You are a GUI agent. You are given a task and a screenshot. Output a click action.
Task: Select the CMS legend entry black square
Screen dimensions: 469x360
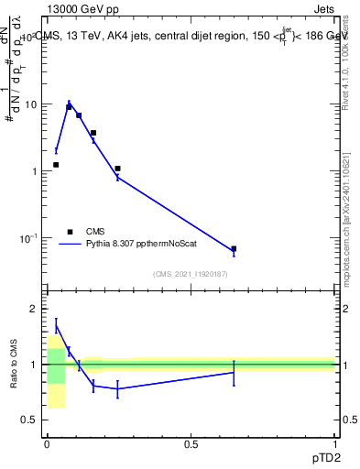[69, 233]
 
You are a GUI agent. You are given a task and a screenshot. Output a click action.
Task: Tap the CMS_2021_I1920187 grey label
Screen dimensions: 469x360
[190, 274]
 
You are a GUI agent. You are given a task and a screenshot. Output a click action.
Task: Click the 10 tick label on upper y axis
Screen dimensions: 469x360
[30, 104]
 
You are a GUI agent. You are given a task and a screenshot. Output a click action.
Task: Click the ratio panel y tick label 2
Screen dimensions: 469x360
[34, 310]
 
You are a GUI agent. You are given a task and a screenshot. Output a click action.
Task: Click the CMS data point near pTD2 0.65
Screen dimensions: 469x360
[234, 248]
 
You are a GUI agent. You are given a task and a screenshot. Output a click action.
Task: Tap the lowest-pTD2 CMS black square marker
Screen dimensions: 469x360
[56, 165]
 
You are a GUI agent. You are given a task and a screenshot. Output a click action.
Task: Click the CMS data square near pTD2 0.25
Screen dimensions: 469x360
[118, 169]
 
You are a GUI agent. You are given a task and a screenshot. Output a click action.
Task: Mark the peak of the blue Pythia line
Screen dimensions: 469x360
[69, 104]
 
